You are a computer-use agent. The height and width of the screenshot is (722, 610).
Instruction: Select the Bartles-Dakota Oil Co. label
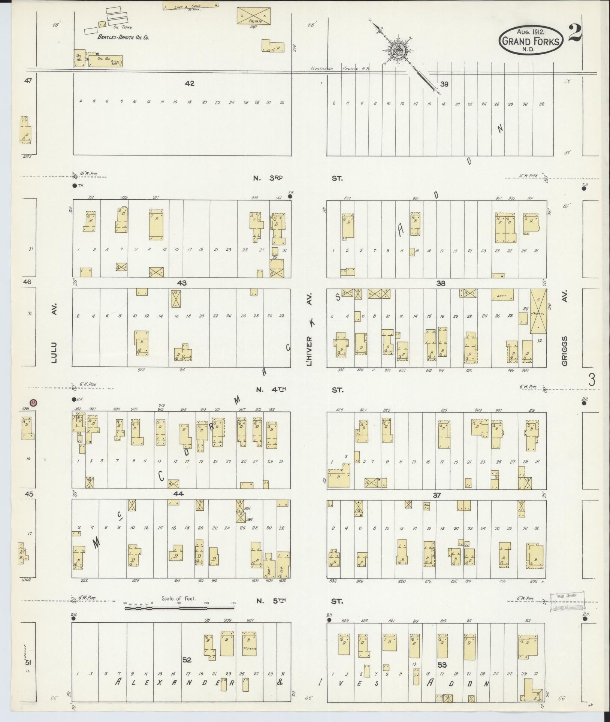[x=123, y=37]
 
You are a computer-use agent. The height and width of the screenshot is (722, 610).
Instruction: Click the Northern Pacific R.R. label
[x=340, y=69]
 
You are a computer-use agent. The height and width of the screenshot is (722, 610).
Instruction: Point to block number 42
[x=190, y=84]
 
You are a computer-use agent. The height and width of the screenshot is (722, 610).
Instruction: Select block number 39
[x=444, y=84]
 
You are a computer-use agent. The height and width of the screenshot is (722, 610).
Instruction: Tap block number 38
[x=441, y=284]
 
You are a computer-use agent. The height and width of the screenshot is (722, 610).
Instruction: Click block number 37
[x=437, y=495]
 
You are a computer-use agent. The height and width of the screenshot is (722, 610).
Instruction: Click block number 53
[x=442, y=665]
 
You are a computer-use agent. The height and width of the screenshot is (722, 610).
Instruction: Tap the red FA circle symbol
[x=33, y=402]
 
